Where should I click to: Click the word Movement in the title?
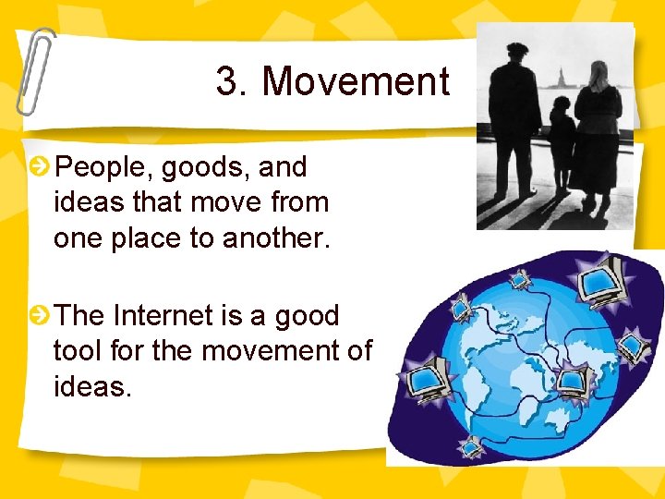(x=356, y=82)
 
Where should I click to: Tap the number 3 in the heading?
(x=227, y=82)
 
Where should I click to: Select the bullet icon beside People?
(x=40, y=167)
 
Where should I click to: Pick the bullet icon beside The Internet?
(x=40, y=316)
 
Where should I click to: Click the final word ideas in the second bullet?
(x=91, y=386)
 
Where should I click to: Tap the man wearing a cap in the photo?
(x=514, y=120)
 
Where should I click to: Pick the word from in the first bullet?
(x=297, y=202)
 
